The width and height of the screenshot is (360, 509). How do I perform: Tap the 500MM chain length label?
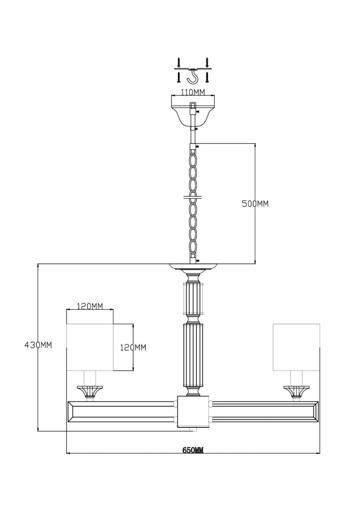tap(255, 204)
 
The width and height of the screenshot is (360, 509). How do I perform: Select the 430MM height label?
tap(38, 345)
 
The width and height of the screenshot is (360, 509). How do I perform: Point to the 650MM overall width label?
tap(193, 450)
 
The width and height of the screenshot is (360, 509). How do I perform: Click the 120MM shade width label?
tap(90, 306)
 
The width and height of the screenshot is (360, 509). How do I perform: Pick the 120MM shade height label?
tap(133, 347)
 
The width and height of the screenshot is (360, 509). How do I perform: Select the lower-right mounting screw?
tap(207, 77)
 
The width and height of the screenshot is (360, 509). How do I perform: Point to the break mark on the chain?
tap(193, 197)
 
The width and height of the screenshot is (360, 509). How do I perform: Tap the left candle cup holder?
tap(90, 392)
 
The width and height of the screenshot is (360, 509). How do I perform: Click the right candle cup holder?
tap(296, 392)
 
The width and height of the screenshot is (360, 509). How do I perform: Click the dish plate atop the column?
tap(193, 266)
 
